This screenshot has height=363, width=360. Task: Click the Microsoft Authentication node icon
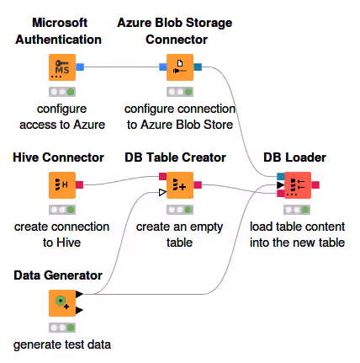(x=62, y=67)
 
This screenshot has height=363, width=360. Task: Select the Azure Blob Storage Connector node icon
(x=180, y=67)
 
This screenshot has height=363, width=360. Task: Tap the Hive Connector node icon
(x=62, y=185)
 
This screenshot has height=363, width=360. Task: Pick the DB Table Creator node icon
(x=180, y=185)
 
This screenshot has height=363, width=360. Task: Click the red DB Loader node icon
(x=298, y=185)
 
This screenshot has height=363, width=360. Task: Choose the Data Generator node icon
(x=62, y=303)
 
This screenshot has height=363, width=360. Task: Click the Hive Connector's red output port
(x=80, y=185)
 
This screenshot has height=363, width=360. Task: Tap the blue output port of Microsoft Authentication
(x=80, y=67)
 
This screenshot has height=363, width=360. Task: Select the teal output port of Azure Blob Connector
(x=198, y=67)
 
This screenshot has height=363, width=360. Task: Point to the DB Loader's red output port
(x=315, y=185)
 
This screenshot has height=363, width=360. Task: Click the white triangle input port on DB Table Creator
(x=162, y=193)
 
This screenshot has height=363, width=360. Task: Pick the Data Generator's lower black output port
(x=79, y=310)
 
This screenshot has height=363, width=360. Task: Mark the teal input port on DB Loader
(x=281, y=177)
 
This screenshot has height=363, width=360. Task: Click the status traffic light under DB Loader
(x=297, y=210)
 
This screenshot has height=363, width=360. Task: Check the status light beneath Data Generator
(x=62, y=328)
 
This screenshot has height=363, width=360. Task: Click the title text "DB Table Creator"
(x=175, y=157)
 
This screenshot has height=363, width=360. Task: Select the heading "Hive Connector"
(x=58, y=157)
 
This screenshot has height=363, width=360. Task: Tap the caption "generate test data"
(x=62, y=344)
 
